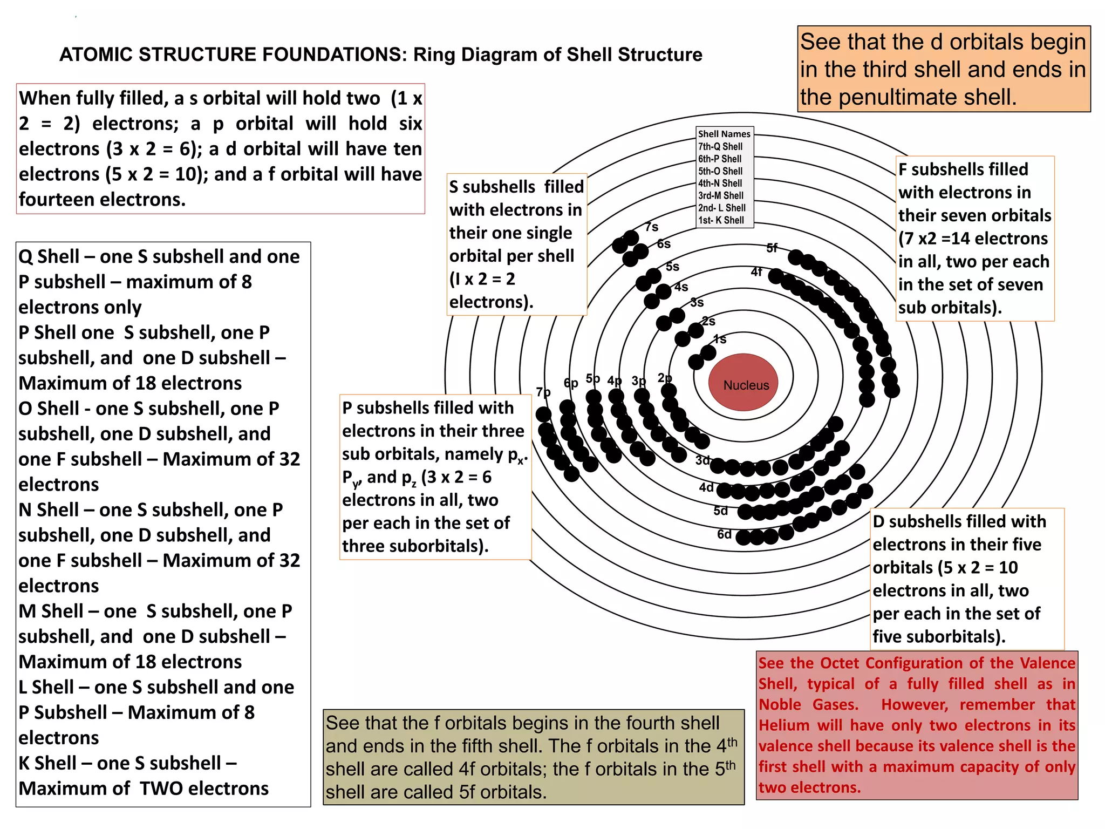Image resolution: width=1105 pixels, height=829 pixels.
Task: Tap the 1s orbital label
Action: point(720,339)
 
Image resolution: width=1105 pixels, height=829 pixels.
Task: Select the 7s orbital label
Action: point(652,227)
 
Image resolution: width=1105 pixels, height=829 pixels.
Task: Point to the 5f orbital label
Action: point(772,248)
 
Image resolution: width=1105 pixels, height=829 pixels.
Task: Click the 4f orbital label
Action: point(756,272)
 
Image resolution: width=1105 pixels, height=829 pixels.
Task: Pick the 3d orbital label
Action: point(702,460)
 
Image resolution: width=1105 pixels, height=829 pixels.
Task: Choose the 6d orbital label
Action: point(724,534)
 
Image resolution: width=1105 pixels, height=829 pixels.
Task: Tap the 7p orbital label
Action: point(543,392)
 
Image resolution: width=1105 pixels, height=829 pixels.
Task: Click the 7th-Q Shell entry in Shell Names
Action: point(720,146)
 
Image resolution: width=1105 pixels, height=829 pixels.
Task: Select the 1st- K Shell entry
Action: point(721,220)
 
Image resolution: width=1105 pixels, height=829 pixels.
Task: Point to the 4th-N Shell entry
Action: point(720,184)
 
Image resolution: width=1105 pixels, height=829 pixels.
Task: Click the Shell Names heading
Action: point(724,134)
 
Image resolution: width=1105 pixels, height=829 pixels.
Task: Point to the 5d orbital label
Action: point(721,511)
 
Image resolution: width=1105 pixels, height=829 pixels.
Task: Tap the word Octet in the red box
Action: point(840,663)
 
